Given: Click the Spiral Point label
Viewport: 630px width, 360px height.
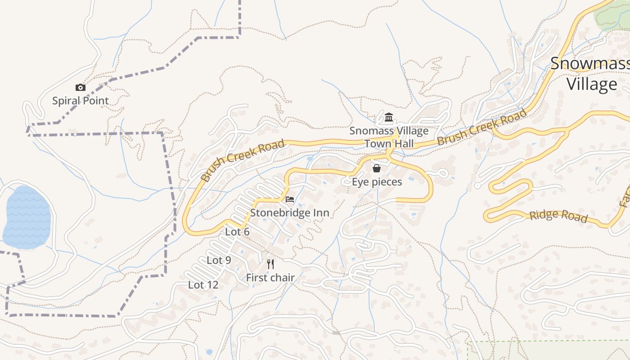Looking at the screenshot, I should pyautogui.click(x=81, y=100).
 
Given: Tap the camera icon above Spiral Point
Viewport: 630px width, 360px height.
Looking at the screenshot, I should pyautogui.click(x=81, y=87).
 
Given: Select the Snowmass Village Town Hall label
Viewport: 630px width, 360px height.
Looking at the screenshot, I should pyautogui.click(x=389, y=137).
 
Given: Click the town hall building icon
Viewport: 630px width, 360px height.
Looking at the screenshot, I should pyautogui.click(x=389, y=118).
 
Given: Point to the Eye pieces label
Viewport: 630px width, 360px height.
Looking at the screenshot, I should pyautogui.click(x=377, y=182).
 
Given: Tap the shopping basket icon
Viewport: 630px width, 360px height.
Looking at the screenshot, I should pyautogui.click(x=377, y=168).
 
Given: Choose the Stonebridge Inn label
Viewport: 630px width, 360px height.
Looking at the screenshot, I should pyautogui.click(x=290, y=212).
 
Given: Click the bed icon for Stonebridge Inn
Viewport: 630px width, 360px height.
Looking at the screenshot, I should pyautogui.click(x=290, y=199).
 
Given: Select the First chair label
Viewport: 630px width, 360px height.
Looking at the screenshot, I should pyautogui.click(x=270, y=278).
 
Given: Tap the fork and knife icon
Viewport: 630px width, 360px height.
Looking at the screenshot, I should pyautogui.click(x=270, y=264).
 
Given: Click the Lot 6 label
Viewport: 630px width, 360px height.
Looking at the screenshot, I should pyautogui.click(x=237, y=232).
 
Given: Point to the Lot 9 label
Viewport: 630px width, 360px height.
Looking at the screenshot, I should pyautogui.click(x=219, y=260).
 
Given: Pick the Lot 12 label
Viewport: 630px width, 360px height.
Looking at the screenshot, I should pyautogui.click(x=203, y=285).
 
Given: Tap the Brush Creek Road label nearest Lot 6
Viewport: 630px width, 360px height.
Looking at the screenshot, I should pyautogui.click(x=243, y=160).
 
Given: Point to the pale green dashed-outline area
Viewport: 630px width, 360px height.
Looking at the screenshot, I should pyautogui.click(x=549, y=351).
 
